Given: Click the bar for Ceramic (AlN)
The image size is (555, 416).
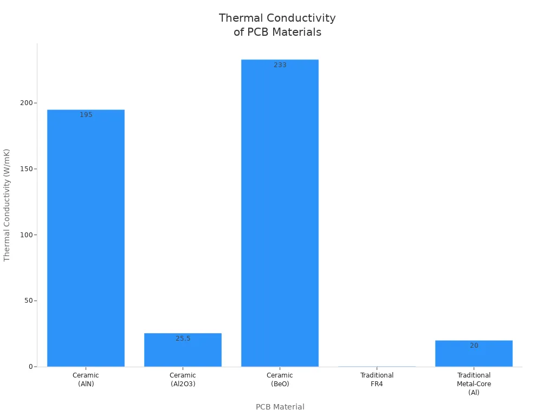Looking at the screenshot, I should (86, 238).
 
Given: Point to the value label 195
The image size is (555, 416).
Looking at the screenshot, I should (86, 115).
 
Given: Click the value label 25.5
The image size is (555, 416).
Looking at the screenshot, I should (183, 339).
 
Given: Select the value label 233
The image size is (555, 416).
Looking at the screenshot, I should (280, 65).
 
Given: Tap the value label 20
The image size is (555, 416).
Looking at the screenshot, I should (474, 346).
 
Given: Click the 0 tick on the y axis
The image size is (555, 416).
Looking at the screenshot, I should (31, 367).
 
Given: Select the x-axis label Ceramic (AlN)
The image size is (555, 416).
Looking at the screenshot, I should (86, 380).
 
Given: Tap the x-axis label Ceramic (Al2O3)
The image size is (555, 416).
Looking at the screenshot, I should (183, 380).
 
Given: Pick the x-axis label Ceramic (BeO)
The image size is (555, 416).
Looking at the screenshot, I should (280, 380).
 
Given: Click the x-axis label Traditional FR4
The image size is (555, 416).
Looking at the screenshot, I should (377, 380).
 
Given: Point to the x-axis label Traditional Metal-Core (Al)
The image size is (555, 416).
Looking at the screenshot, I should (474, 383).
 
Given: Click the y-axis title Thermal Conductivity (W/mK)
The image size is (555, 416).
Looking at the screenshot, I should (7, 205).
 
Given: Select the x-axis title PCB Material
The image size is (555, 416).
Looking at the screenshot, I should (280, 407).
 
